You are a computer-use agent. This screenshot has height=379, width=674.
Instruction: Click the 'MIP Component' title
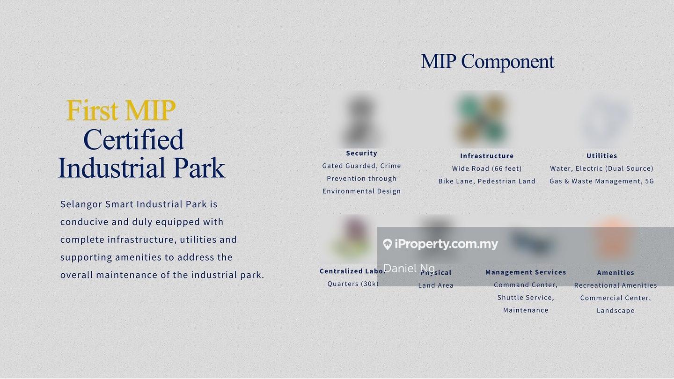pyautogui.click(x=487, y=62)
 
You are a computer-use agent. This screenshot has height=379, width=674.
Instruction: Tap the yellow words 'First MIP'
pyautogui.click(x=121, y=110)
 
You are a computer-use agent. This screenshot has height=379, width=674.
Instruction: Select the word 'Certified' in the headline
pyautogui.click(x=133, y=139)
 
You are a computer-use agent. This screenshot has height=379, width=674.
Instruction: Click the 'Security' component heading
pyautogui.click(x=361, y=153)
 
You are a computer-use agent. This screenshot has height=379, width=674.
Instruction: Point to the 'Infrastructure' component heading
pyautogui.click(x=487, y=156)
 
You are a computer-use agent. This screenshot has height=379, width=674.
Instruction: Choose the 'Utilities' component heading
pyautogui.click(x=602, y=156)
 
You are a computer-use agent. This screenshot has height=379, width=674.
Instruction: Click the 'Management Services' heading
pyautogui.click(x=526, y=272)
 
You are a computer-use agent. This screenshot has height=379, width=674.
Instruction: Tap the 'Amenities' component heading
pyautogui.click(x=615, y=273)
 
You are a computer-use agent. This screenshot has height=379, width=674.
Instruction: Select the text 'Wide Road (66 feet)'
pyautogui.click(x=487, y=169)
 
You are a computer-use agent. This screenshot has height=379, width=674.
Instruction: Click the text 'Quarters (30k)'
pyautogui.click(x=353, y=284)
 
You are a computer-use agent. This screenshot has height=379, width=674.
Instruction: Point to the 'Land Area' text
pyautogui.click(x=436, y=285)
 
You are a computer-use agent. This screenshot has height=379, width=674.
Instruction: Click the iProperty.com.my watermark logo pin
pyautogui.click(x=387, y=244)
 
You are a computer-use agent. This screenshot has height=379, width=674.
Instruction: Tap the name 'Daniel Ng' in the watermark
pyautogui.click(x=409, y=268)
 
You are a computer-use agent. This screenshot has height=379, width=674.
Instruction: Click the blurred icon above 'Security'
pyautogui.click(x=361, y=120)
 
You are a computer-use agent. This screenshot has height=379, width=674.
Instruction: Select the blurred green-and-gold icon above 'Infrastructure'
pyautogui.click(x=482, y=119)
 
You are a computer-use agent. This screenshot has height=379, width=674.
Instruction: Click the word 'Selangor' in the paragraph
pyautogui.click(x=81, y=204)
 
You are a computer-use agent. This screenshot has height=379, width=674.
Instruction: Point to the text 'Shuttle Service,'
pyautogui.click(x=526, y=298)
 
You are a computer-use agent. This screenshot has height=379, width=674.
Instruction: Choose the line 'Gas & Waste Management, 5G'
pyautogui.click(x=602, y=181)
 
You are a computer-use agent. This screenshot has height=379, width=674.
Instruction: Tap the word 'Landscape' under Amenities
pyautogui.click(x=615, y=311)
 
